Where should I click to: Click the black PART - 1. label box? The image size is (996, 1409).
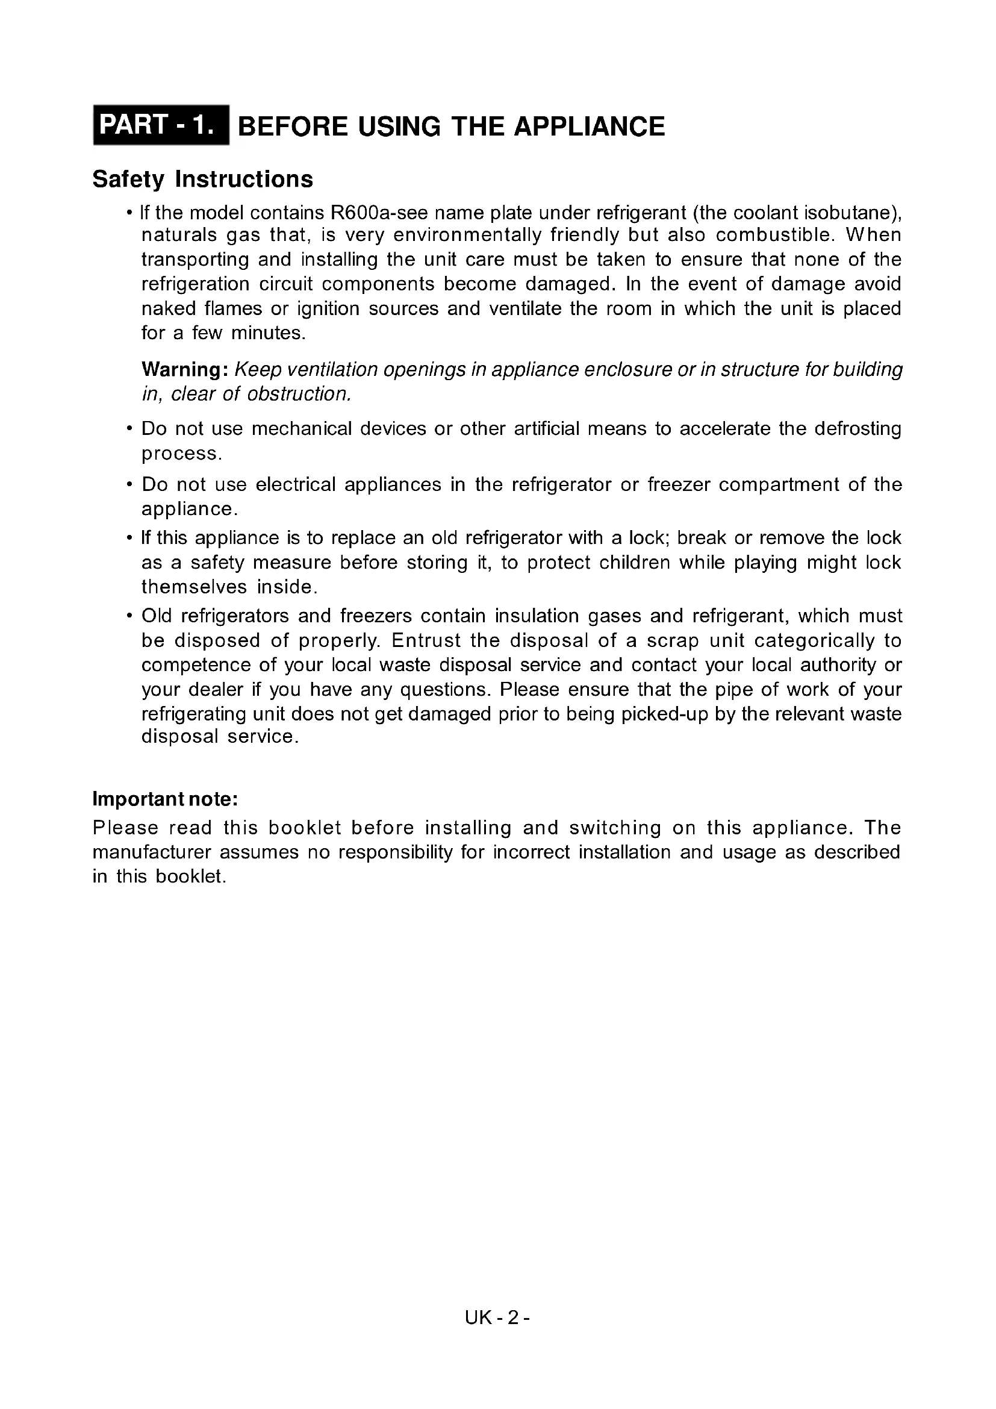coord(161,125)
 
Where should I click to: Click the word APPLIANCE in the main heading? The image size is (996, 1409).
coord(589,127)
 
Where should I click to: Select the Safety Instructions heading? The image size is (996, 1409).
coord(202,179)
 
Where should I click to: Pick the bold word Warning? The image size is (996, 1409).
coord(185,369)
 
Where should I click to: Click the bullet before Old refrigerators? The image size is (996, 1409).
coord(129,616)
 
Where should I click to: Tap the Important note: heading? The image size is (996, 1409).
coord(165,799)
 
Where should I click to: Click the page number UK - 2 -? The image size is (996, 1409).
coord(497,1317)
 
